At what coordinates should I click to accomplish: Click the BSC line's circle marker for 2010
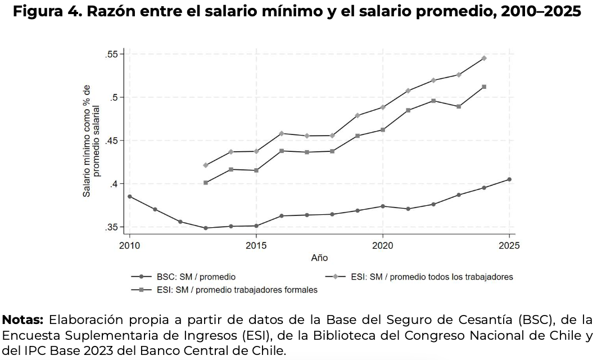point(129,196)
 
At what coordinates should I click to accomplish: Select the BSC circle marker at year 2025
point(509,179)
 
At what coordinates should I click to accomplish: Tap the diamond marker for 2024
point(483,58)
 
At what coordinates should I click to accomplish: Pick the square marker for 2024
point(483,87)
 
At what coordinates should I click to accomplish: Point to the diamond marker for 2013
point(206,165)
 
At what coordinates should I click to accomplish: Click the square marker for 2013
point(206,183)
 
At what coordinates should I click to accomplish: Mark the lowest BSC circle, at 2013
point(206,228)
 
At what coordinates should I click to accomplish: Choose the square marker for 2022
point(433,101)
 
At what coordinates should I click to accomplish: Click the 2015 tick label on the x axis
point(256,246)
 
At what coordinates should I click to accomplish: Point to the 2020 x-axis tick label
point(382,246)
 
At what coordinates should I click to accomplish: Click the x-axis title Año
point(319,258)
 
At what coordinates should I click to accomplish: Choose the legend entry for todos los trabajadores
point(432,277)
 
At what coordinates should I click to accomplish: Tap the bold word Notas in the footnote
point(23,320)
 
